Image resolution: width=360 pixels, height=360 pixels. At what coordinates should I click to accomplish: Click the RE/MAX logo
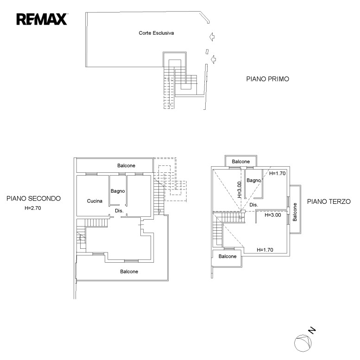[x=42, y=19]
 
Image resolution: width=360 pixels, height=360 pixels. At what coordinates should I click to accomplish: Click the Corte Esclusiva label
[x=156, y=33]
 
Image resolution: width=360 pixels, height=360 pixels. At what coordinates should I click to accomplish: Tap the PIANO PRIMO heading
[x=267, y=79]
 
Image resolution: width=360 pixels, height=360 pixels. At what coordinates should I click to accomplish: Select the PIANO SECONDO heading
[x=33, y=198]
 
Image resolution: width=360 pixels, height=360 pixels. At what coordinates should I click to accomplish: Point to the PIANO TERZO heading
[x=329, y=202]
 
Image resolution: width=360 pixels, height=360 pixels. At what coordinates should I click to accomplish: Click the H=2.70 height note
[x=33, y=208]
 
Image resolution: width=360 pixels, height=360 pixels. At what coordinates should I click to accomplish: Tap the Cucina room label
[x=95, y=201]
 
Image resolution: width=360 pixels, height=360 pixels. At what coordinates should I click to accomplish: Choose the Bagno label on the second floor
[x=118, y=191]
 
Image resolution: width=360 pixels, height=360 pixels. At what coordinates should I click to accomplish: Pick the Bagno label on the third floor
[x=254, y=180]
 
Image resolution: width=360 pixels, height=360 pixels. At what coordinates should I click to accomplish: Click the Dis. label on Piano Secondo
[x=119, y=210]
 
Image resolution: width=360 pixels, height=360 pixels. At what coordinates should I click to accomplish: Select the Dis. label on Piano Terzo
[x=254, y=205]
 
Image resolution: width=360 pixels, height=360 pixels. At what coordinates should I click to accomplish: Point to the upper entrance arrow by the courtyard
[x=212, y=37]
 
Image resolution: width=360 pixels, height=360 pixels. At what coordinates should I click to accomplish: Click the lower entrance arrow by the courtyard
[x=213, y=59]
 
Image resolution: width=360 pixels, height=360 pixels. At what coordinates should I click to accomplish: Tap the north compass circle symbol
[x=303, y=343]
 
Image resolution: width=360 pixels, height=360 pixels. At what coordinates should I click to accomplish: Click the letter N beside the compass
[x=312, y=330]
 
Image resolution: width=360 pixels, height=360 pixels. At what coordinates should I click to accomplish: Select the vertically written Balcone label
[x=295, y=212]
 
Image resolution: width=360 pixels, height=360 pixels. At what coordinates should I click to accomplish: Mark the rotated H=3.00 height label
[x=239, y=189]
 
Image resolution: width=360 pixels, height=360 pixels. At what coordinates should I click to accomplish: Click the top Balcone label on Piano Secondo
[x=126, y=165]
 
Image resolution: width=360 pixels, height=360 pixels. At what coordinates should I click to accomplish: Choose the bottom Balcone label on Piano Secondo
[x=129, y=272]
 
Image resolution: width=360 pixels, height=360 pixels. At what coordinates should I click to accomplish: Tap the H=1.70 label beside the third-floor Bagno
[x=278, y=173]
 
